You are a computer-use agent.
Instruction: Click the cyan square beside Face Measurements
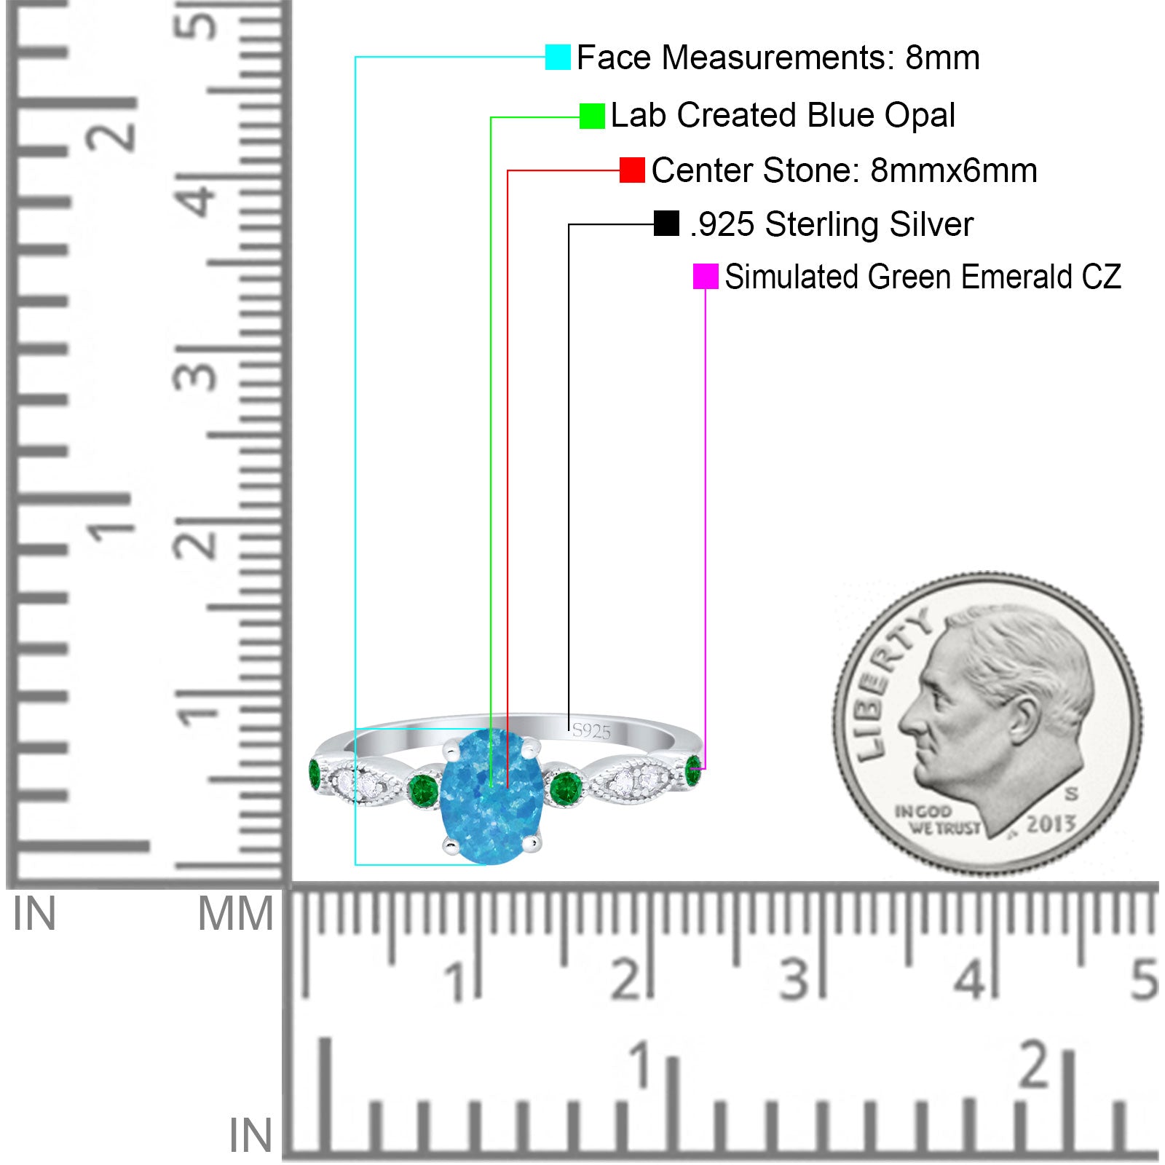tap(558, 57)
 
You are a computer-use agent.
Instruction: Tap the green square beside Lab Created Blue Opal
tap(592, 116)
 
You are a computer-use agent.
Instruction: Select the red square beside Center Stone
tap(632, 170)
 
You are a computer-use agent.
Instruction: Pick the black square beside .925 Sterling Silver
tap(666, 224)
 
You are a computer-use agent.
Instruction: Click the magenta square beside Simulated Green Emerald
tap(706, 277)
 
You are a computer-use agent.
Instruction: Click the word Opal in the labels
tap(920, 116)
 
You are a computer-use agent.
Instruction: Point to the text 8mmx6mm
tap(954, 170)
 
